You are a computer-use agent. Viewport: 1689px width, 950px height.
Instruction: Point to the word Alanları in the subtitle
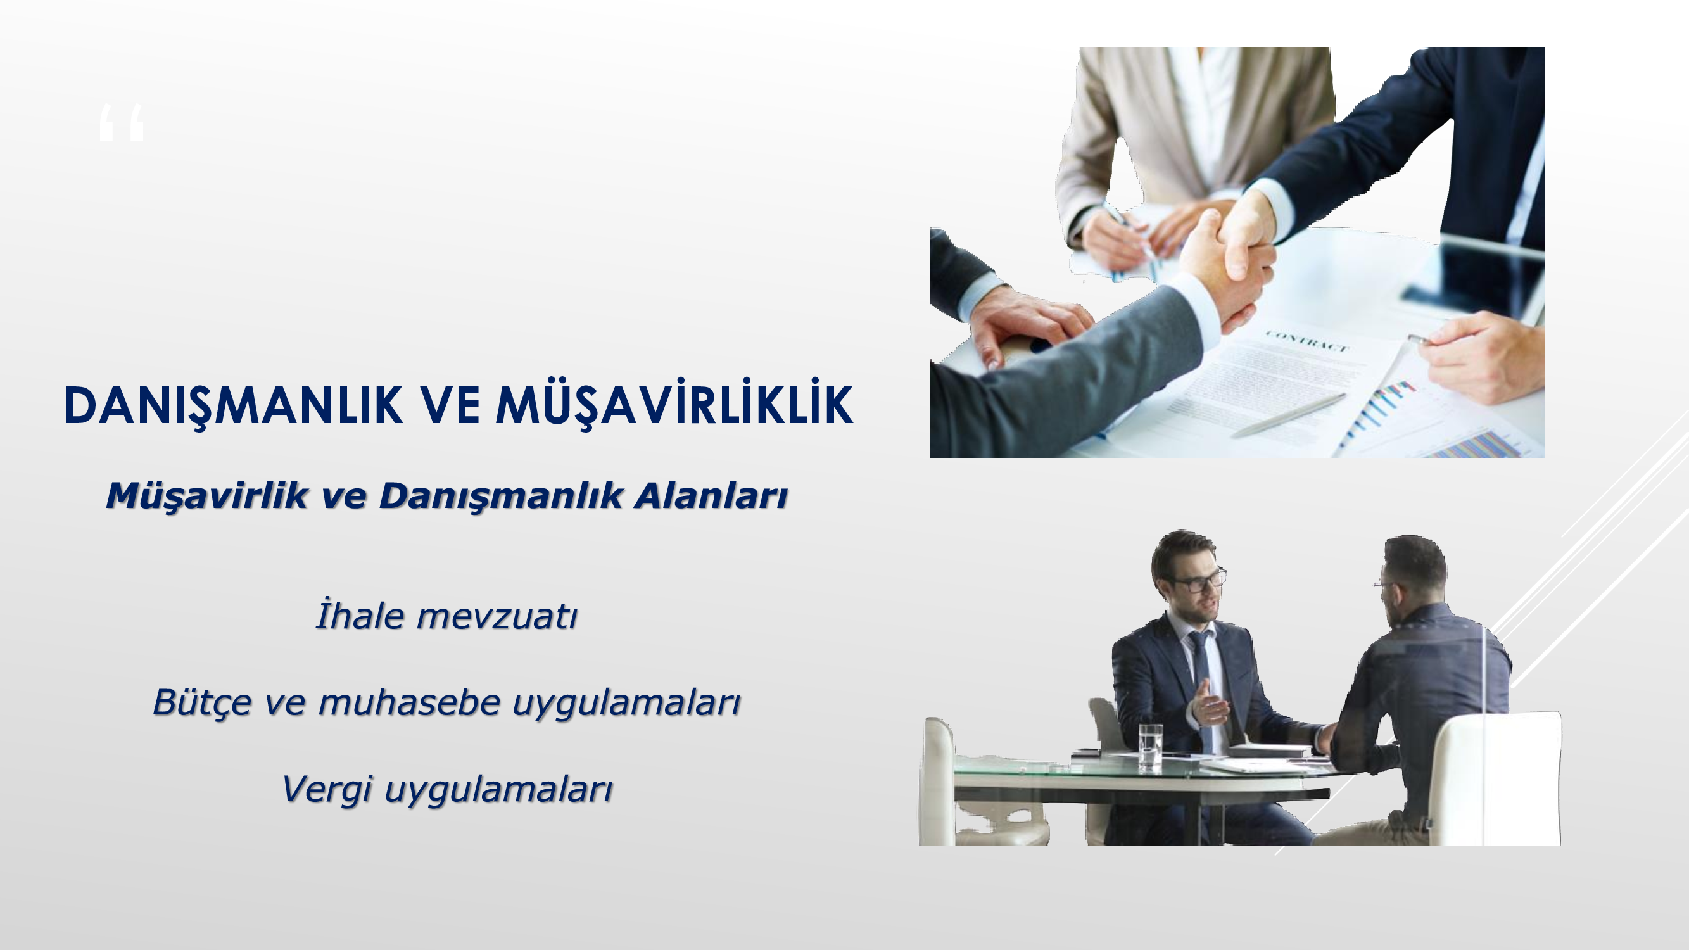[x=711, y=496]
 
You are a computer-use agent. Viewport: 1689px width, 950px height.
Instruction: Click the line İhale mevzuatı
[x=446, y=615]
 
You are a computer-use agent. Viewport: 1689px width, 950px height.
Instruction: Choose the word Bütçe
[x=202, y=703]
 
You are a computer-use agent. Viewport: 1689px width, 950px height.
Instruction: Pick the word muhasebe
[x=409, y=702]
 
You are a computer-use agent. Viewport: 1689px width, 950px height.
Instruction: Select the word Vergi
[x=327, y=789]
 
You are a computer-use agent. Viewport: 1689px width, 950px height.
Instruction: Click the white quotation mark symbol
[x=122, y=123]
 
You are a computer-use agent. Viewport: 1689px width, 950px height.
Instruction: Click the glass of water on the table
[x=1151, y=745]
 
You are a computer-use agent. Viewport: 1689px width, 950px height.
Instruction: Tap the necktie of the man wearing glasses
[x=1201, y=682]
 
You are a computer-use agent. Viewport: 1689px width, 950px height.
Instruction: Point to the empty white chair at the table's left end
[x=970, y=783]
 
